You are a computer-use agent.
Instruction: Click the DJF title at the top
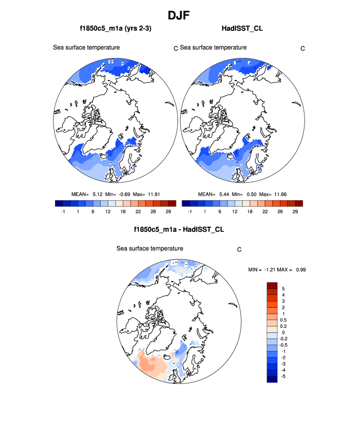point(179,15)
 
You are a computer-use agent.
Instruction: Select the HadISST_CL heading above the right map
point(242,28)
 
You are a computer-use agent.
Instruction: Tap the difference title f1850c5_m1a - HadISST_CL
point(179,229)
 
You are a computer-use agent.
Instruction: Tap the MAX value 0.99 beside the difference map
point(301,270)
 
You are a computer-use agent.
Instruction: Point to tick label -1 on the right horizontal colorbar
point(189,212)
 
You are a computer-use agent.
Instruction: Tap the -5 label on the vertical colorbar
point(284,376)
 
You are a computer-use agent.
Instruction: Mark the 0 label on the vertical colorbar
point(284,332)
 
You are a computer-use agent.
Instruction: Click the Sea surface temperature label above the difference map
point(150,248)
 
